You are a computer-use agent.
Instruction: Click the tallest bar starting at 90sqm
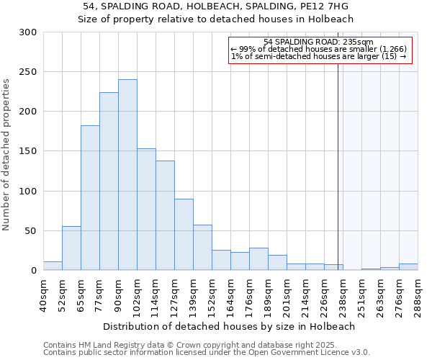pos(127,175)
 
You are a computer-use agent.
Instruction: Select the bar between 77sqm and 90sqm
pos(109,181)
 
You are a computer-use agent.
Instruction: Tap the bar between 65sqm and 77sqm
pos(90,198)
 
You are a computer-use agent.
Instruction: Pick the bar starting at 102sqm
pos(146,210)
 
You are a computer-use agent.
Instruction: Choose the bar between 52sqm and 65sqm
pos(71,248)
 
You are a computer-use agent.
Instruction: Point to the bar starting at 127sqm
pos(184,235)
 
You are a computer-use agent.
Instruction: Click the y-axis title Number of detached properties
pos(7,155)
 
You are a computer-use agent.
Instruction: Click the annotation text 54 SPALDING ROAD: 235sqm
pos(318,42)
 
